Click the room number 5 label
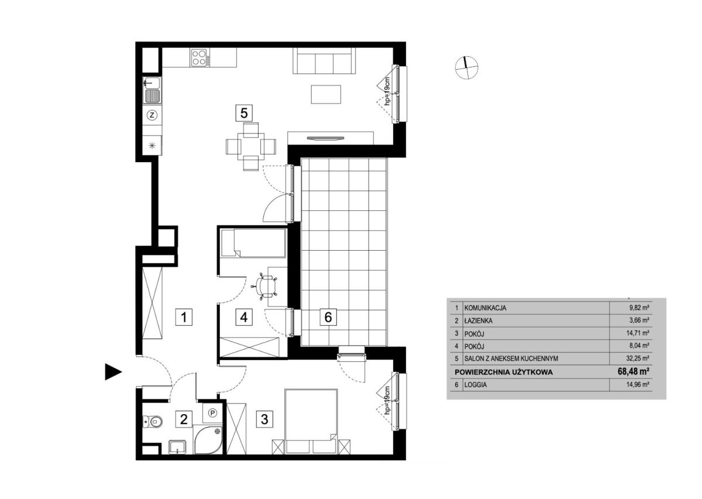click(244, 113)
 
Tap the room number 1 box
click(184, 317)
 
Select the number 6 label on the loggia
click(328, 317)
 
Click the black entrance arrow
click(113, 372)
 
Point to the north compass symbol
click(466, 68)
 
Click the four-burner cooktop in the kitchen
click(199, 58)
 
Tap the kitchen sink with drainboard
click(152, 90)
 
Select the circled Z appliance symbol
click(152, 115)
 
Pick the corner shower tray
click(208, 439)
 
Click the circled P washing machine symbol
click(213, 413)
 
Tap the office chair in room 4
click(266, 286)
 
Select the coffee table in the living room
click(326, 94)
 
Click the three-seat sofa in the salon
click(324, 61)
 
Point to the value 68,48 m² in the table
click(633, 371)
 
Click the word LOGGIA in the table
click(476, 385)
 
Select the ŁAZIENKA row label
click(479, 321)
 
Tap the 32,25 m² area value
click(638, 358)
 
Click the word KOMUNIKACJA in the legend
click(485, 308)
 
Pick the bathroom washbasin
click(178, 447)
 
